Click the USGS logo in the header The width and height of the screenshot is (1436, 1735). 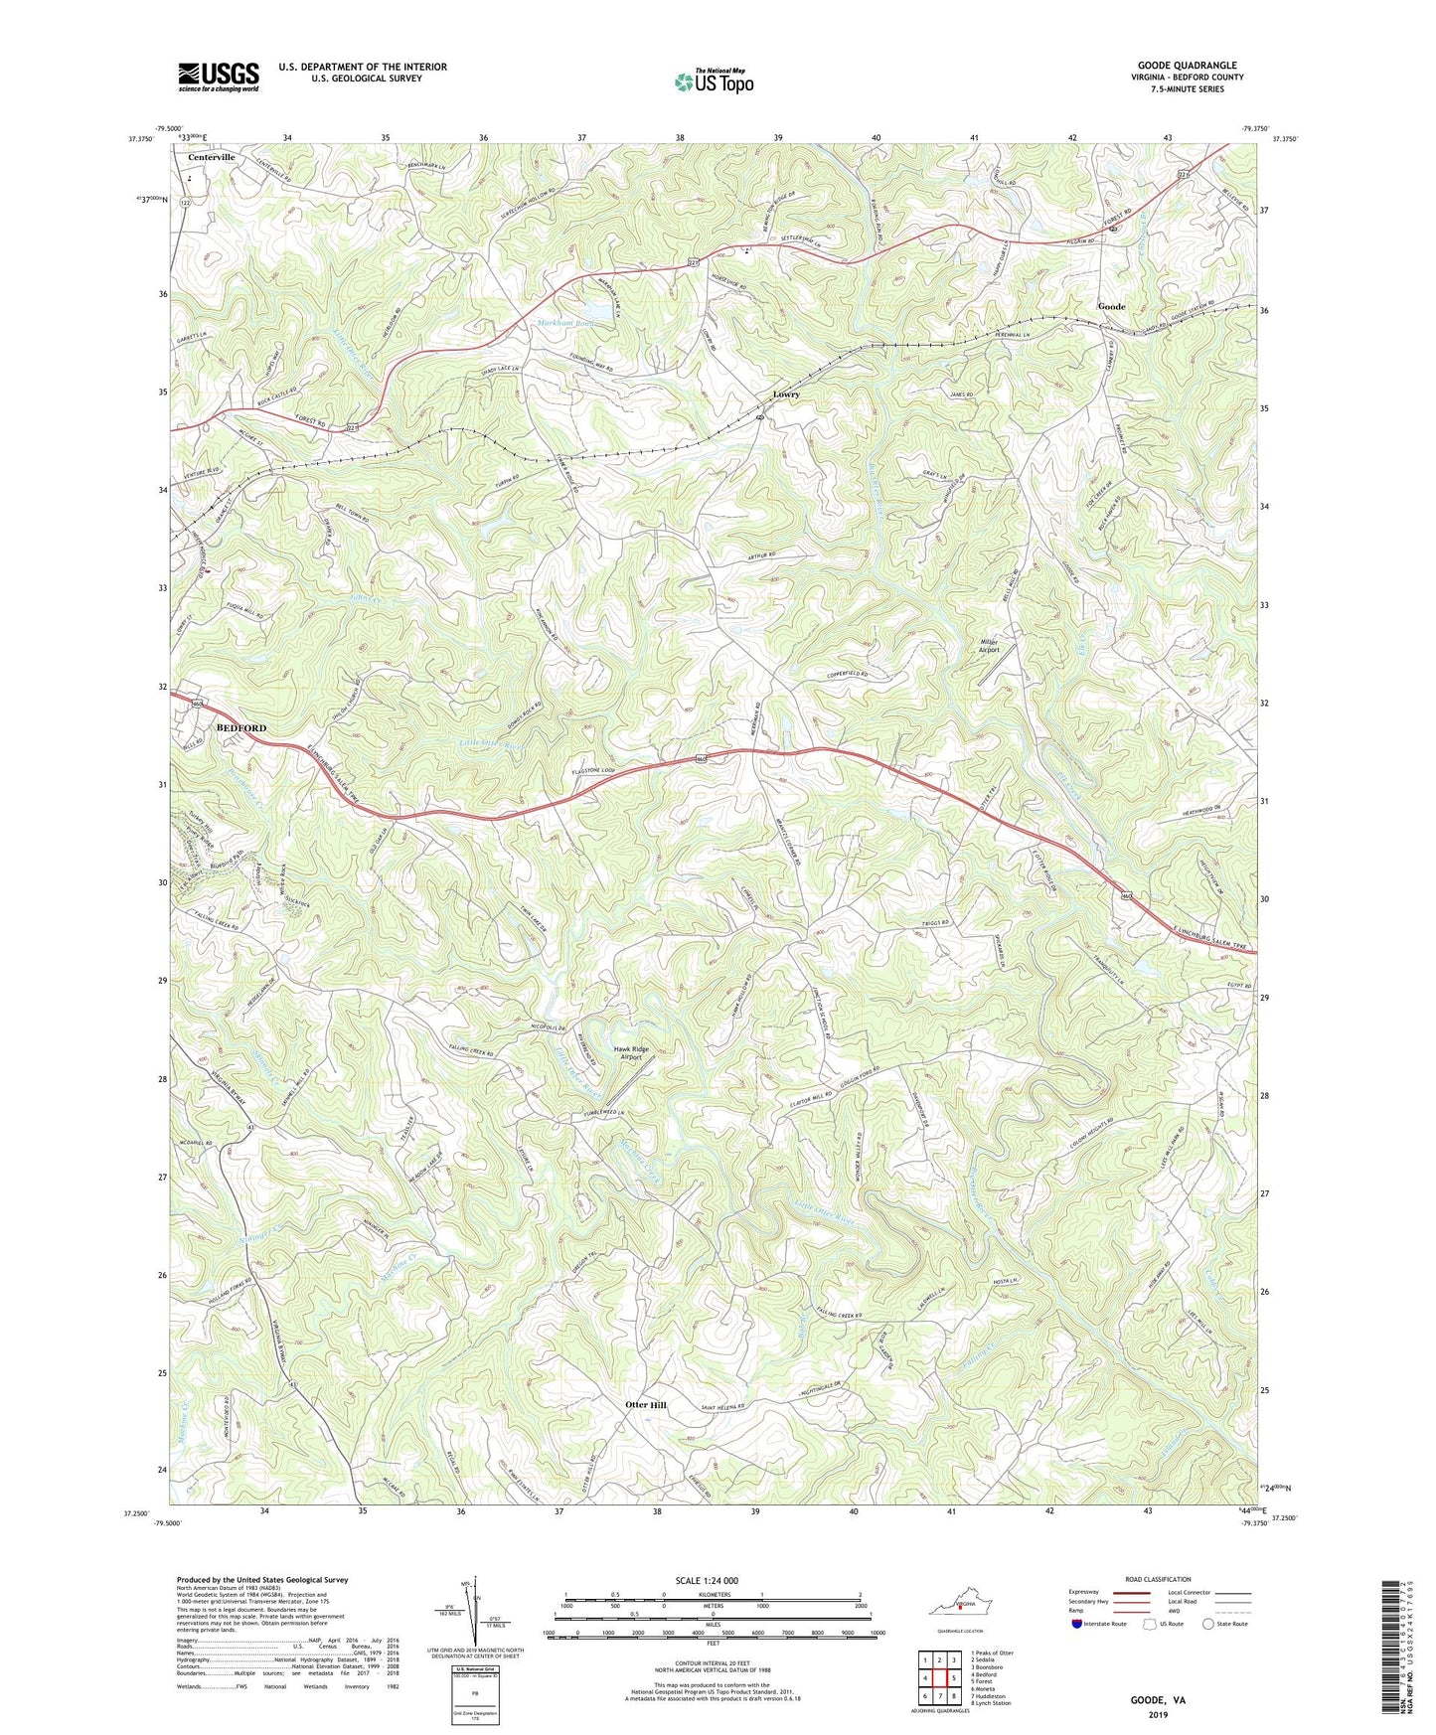coord(219,77)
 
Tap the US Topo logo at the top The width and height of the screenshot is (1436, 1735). coord(713,81)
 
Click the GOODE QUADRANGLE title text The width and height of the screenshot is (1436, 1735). coord(1187,66)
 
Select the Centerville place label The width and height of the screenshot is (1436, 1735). coord(212,157)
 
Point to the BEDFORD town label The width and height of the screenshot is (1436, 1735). coord(241,728)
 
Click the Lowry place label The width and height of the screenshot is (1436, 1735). coord(786,394)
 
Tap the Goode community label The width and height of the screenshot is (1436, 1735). coord(1111,306)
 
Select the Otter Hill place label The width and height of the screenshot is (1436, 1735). coord(646,1405)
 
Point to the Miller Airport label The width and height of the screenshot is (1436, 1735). coord(990,646)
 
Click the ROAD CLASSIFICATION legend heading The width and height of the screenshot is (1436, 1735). coord(1158,1579)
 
